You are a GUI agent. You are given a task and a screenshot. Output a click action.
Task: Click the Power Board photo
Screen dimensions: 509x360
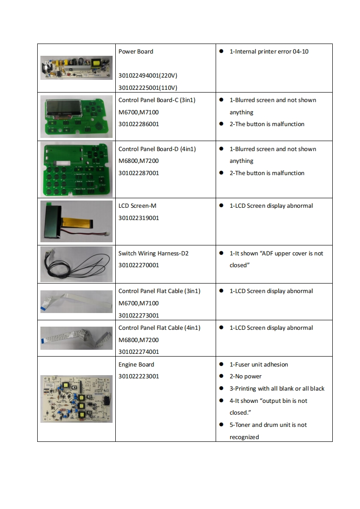click(x=76, y=68)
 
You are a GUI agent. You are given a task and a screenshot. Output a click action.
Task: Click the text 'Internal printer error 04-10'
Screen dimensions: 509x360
click(x=269, y=52)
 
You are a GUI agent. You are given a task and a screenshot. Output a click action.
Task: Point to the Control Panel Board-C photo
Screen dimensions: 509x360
click(x=76, y=116)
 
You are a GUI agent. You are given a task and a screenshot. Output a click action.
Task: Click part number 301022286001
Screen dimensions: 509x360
click(x=138, y=124)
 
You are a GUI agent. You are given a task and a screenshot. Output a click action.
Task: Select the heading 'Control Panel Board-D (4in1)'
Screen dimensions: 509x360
click(x=157, y=149)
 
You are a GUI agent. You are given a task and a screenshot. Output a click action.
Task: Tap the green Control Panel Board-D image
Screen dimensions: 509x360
click(x=76, y=169)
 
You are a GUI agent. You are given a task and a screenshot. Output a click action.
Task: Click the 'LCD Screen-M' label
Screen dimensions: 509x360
click(x=137, y=206)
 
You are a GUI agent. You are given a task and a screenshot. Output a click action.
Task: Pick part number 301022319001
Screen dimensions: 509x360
click(x=138, y=218)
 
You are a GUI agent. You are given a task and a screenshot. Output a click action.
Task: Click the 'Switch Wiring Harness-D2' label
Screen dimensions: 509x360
click(x=153, y=253)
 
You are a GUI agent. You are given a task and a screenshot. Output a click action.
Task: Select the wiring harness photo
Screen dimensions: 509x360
click(x=76, y=264)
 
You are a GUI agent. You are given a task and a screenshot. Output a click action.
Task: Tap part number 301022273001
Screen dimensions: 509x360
click(x=138, y=315)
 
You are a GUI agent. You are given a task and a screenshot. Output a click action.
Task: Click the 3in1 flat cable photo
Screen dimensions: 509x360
click(x=76, y=302)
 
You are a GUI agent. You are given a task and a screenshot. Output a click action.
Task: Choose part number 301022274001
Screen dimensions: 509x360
click(x=138, y=352)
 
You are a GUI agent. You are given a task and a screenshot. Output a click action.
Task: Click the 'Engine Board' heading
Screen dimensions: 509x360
click(x=136, y=364)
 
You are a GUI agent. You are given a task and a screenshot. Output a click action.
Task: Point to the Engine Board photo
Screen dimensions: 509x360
click(x=76, y=399)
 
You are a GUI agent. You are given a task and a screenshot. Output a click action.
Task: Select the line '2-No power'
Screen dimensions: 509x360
click(x=245, y=377)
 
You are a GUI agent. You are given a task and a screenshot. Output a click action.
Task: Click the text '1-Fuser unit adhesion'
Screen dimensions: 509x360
click(x=258, y=364)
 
